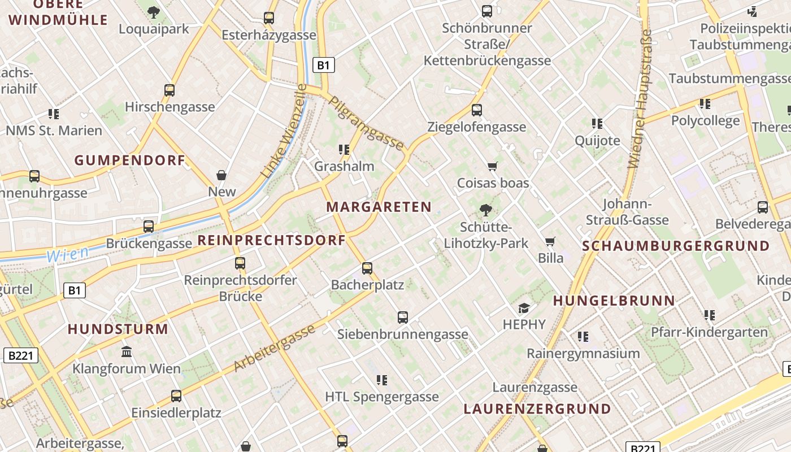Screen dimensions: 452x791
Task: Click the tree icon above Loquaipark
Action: [153, 12]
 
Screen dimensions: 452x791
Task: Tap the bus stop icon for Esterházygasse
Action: [269, 18]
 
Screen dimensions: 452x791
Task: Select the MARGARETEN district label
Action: [379, 207]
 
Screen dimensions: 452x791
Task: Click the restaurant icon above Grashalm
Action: [344, 150]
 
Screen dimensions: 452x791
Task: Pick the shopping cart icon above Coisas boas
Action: [493, 166]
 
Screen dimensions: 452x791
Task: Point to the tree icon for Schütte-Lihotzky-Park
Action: [485, 211]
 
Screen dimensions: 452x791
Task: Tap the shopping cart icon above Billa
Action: [550, 242]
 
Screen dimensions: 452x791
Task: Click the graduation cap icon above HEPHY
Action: [524, 308]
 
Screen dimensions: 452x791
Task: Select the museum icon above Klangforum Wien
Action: [127, 352]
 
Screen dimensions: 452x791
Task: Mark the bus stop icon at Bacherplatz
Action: [367, 268]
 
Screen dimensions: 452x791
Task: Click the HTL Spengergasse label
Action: [381, 397]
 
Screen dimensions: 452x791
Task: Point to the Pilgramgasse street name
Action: [366, 124]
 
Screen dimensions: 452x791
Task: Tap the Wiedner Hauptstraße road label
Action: [640, 99]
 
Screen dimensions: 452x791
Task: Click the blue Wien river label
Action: [67, 254]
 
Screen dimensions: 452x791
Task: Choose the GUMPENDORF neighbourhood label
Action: [130, 160]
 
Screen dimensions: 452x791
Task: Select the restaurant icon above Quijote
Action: [597, 123]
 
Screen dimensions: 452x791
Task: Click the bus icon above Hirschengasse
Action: [169, 90]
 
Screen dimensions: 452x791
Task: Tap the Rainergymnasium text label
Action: [583, 354]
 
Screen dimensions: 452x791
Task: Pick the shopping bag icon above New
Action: [221, 175]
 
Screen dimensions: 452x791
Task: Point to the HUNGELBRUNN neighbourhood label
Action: [614, 301]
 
